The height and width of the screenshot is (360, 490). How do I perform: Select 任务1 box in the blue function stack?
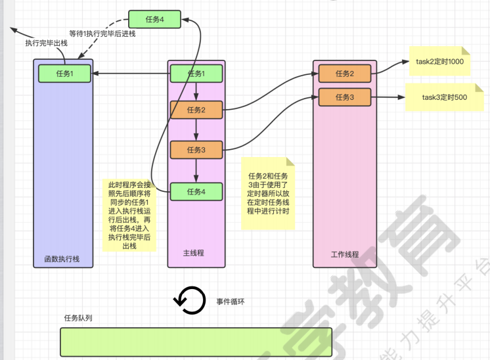tap(64, 74)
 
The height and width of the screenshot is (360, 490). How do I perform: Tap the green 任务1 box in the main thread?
tap(196, 74)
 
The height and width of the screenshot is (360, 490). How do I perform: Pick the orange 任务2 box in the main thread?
tap(196, 110)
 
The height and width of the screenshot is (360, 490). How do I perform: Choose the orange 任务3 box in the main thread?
tap(196, 150)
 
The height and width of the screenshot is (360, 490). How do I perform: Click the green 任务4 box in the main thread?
tap(196, 191)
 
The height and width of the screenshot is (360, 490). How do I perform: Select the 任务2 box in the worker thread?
tap(345, 74)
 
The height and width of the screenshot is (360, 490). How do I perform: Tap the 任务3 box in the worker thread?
tap(345, 97)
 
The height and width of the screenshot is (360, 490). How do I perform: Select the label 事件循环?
tap(231, 302)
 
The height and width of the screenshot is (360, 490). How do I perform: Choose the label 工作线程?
tap(344, 253)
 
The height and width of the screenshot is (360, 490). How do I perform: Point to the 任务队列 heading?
tap(78, 318)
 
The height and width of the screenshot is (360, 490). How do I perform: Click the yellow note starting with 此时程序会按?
tap(129, 214)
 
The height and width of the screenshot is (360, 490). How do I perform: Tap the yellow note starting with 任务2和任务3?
tap(268, 194)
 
